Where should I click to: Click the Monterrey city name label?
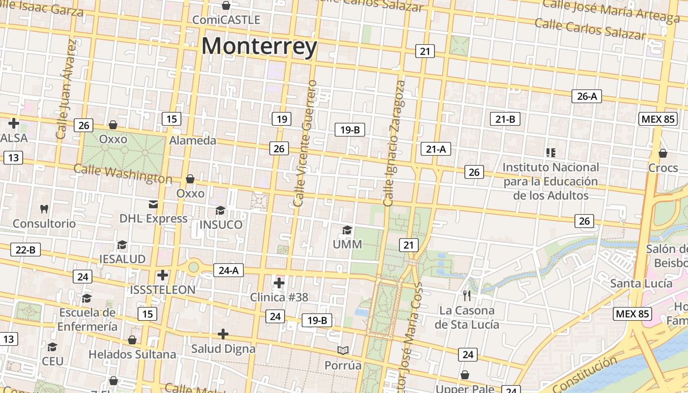coord(259,47)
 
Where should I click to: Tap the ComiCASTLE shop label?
coord(226,20)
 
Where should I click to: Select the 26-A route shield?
coord(587,96)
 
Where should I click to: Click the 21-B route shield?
coord(505,119)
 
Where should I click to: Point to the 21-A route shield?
coord(435,149)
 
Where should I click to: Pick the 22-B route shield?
coord(26,250)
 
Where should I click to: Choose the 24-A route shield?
coord(229,270)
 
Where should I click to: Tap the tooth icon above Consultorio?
coord(44,209)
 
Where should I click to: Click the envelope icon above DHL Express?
coord(153,204)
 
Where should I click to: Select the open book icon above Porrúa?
coord(343,350)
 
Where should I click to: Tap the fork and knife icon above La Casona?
coord(467,295)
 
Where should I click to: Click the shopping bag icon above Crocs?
coord(662,153)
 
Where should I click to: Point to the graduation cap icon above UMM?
coord(347,230)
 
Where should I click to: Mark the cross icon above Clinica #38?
coord(279,282)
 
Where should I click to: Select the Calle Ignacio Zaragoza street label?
coord(394,142)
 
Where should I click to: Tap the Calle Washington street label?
coord(123,174)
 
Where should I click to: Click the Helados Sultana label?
coord(132,354)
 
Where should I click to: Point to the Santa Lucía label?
coord(641,283)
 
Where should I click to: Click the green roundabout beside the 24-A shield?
coord(194,267)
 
